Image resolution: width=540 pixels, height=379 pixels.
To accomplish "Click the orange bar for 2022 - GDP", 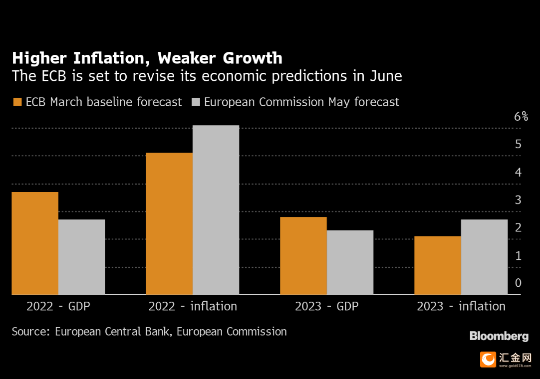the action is [x=35, y=243].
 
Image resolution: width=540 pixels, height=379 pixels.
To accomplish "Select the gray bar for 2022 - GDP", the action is [x=82, y=257].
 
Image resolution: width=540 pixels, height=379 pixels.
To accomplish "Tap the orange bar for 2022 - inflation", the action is [x=169, y=223].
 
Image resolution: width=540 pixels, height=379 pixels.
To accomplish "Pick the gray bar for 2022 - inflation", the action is [x=216, y=209].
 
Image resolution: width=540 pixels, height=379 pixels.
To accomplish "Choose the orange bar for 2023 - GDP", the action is [x=303, y=256].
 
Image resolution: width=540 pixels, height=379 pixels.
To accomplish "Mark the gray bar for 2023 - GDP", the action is [x=350, y=262].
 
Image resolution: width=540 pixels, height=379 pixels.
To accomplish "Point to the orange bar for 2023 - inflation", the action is [x=438, y=265].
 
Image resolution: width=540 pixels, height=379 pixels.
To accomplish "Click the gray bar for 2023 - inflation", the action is [x=484, y=257].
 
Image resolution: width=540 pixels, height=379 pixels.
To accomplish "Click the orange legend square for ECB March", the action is [x=17, y=102].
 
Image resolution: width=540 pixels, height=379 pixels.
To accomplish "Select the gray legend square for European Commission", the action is [x=196, y=102].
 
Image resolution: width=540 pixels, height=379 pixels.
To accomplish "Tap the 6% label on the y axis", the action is [x=521, y=116].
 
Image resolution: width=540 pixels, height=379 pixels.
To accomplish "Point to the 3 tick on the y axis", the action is [x=518, y=200].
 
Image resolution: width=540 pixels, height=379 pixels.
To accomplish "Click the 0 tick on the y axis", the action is [x=518, y=283].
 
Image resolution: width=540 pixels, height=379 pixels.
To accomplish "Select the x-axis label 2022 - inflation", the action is [x=193, y=306].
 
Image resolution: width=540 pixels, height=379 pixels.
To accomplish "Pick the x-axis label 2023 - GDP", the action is [x=327, y=306].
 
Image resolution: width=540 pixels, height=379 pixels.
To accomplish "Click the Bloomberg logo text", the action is [x=499, y=336].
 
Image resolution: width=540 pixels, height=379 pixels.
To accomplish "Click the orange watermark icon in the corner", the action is [x=488, y=360].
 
